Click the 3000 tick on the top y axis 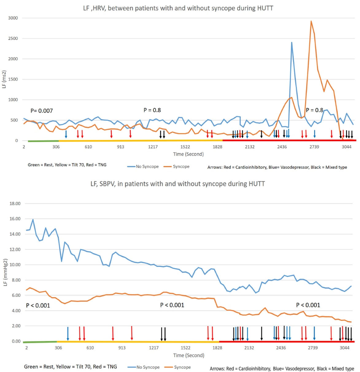pyautogui.click(x=13, y=18)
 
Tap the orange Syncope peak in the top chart pyautogui.click(x=311, y=21)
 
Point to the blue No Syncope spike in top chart pyautogui.click(x=292, y=43)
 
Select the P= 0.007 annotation pyautogui.click(x=42, y=111)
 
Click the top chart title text pyautogui.click(x=178, y=8)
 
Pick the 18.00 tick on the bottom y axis pyautogui.click(x=15, y=203)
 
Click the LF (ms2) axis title pyautogui.click(x=4, y=79)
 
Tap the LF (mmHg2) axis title pyautogui.click(x=5, y=272)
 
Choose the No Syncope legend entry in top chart pyautogui.click(x=143, y=166)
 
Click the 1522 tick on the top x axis pyautogui.click(x=185, y=147)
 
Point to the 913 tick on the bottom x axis pyautogui.click(x=122, y=348)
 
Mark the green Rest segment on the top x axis pyautogui.click(x=43, y=141)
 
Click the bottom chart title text pyautogui.click(x=177, y=184)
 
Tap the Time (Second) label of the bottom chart pyautogui.click(x=188, y=355)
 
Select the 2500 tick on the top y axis pyautogui.click(x=13, y=38)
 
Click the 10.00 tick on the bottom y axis pyautogui.click(x=15, y=265)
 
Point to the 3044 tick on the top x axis pyautogui.click(x=346, y=147)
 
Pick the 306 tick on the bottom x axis pyautogui.click(x=58, y=348)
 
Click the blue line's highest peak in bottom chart pyautogui.click(x=33, y=219)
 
